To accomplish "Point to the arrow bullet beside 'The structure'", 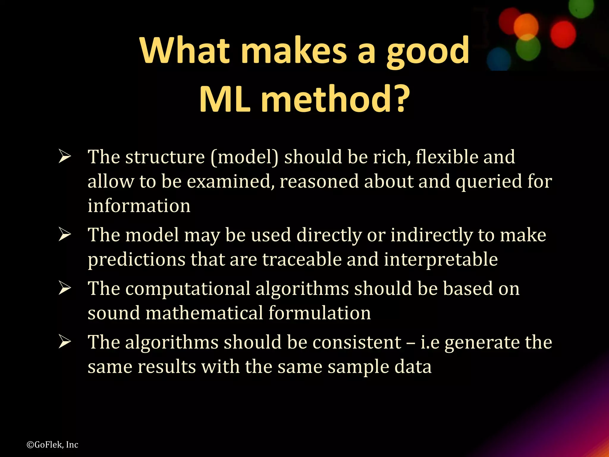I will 65,156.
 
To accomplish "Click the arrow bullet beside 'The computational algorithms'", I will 65,288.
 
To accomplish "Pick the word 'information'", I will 139,206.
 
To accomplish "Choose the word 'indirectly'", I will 431,235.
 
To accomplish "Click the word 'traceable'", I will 302,259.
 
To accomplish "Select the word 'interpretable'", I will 441,259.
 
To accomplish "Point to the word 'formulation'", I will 320,313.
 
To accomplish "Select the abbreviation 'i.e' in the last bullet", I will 430,342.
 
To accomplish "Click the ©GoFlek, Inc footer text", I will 52,445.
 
